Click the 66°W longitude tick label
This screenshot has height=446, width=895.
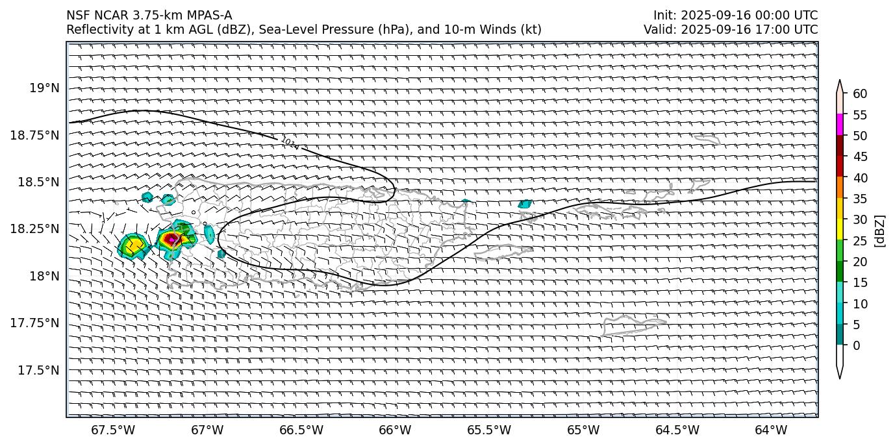tap(395, 430)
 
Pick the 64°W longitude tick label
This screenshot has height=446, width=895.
tap(771, 430)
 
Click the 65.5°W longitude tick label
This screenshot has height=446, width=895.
tap(489, 430)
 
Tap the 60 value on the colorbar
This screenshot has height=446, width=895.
tap(860, 94)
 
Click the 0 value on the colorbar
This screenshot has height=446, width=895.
tap(856, 345)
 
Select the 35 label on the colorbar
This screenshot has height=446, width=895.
tap(860, 199)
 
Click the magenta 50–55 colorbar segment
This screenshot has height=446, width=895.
tap(840, 125)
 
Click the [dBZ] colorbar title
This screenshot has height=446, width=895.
tap(881, 230)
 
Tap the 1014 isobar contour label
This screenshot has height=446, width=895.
tap(290, 143)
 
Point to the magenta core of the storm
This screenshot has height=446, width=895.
tap(171, 239)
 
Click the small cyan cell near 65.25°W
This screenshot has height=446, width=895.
tap(524, 204)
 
